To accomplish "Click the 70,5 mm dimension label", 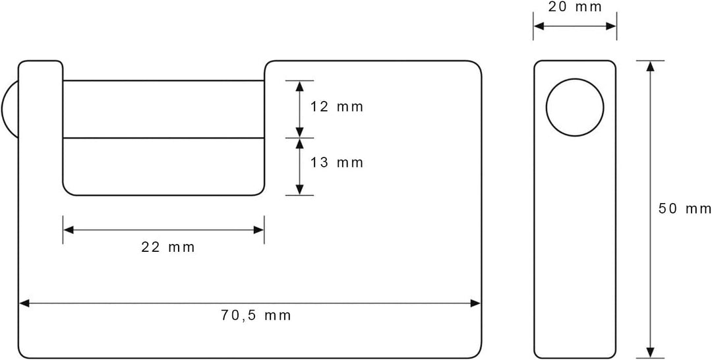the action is (x=256, y=316).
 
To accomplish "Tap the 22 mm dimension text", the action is (x=167, y=247).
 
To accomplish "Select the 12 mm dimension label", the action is (x=337, y=107).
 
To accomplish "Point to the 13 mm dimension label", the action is (x=337, y=162).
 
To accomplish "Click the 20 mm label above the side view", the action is (x=575, y=7).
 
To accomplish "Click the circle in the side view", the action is (x=575, y=107).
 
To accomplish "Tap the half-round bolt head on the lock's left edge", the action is (x=9, y=109).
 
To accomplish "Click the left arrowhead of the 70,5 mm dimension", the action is (x=24, y=303).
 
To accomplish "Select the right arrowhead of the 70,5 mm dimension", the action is (x=475, y=303).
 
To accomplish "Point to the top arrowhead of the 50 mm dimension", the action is (x=650, y=66).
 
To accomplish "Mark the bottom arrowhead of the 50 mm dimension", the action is (x=650, y=352).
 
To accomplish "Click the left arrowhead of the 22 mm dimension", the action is (x=68, y=229).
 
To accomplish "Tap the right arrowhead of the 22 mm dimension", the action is (x=259, y=229).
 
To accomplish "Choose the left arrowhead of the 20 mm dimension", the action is (x=539, y=26).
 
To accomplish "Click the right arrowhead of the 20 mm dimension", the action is (x=610, y=26).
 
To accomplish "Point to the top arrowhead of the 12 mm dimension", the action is (x=299, y=86).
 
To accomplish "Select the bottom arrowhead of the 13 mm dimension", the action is (x=299, y=190).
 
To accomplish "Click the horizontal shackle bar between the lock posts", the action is (x=163, y=109).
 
